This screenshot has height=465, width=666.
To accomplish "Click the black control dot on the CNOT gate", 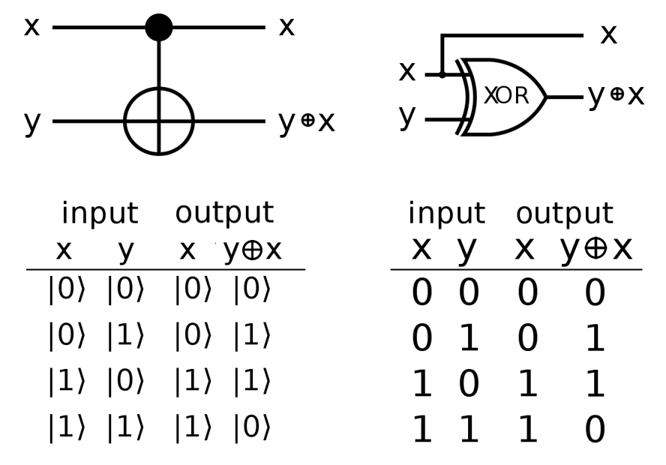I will tap(159, 28).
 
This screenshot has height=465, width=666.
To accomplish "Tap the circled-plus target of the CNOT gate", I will tap(159, 121).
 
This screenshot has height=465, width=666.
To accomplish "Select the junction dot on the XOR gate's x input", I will tap(442, 74).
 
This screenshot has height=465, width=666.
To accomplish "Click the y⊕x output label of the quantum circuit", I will tap(307, 121).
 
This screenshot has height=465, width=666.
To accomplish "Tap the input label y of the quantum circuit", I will tap(31, 121).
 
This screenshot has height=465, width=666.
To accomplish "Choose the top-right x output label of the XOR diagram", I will tap(607, 34).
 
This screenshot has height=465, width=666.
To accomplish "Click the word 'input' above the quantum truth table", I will tap(100, 214).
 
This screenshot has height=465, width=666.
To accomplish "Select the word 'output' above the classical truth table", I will tap(565, 214).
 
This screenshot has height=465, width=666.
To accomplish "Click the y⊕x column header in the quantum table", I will tap(253, 251).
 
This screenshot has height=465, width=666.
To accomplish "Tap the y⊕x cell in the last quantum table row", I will tap(251, 427).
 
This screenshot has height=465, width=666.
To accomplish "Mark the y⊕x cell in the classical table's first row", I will tap(594, 294).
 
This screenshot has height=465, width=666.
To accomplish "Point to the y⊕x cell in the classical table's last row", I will tap(594, 430).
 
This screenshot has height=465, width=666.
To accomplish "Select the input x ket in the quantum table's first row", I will tap(67, 291).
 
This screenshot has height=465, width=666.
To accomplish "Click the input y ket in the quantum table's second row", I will tap(125, 337).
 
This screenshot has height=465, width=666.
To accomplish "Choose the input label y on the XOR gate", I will tap(407, 116).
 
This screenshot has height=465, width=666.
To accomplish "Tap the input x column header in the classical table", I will tap(421, 250).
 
